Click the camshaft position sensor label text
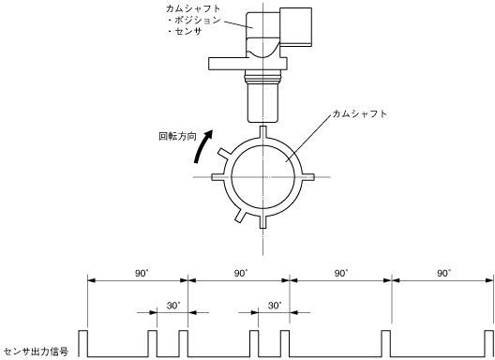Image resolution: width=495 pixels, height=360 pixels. point(193,20)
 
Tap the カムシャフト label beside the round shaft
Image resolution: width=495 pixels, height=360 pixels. point(360,114)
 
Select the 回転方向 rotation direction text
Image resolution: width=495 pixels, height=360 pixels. point(178,137)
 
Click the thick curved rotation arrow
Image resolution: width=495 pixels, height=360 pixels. point(202,146)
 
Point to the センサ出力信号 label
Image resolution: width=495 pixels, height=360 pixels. point(36,352)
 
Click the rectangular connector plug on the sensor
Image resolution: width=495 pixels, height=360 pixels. point(296,27)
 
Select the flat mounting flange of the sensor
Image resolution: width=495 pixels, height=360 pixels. point(247,64)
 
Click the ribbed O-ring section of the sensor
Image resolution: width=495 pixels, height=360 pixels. point(262,77)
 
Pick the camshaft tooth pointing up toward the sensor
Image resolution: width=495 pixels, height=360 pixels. point(262,132)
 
